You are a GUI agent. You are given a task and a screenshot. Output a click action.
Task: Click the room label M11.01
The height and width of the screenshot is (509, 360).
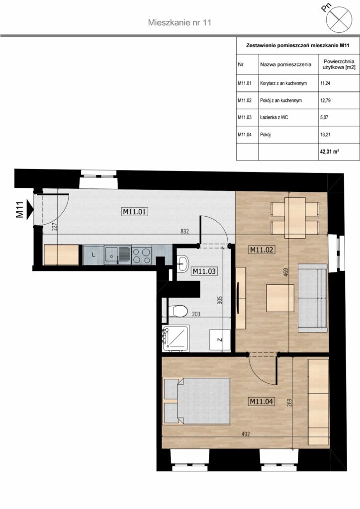(135, 212)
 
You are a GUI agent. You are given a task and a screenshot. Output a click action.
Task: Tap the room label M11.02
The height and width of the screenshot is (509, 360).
(262, 250)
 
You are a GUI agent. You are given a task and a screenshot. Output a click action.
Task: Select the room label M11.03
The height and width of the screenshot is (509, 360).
(204, 271)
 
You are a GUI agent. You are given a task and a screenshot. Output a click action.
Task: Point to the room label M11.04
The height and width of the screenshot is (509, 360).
(262, 402)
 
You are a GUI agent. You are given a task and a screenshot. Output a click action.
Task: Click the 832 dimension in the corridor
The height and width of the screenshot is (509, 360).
(184, 231)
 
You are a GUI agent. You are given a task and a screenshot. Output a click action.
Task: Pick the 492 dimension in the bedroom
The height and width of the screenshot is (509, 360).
(246, 433)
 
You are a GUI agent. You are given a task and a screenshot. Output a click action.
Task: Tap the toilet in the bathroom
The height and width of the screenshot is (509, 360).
(179, 311)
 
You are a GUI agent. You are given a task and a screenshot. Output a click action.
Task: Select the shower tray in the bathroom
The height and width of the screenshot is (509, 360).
(176, 338)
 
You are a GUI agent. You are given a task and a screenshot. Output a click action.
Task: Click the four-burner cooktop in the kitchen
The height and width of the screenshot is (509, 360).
(142, 255)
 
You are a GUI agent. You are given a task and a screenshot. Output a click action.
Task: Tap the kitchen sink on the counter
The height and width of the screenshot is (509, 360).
(117, 255)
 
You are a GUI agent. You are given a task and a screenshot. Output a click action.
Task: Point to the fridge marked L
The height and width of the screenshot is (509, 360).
(93, 255)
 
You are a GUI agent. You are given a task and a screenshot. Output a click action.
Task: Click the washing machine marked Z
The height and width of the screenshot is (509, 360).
(220, 340)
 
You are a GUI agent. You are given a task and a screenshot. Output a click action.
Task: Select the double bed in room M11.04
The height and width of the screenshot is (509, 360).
(197, 401)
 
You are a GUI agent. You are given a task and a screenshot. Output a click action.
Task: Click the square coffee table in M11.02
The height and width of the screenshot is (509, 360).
(280, 298)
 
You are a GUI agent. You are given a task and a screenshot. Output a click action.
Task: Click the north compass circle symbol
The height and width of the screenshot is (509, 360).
(339, 19)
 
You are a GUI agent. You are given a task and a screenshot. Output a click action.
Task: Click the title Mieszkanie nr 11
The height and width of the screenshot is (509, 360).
(180, 22)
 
